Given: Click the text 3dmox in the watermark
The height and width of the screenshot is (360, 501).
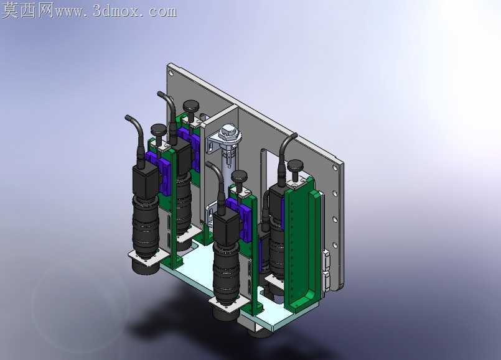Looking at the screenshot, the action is pos(116,11).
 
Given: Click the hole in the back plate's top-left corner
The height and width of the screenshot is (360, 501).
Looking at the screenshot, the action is pos(171,73).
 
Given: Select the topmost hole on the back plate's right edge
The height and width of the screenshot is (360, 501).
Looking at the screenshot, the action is pos(335,167).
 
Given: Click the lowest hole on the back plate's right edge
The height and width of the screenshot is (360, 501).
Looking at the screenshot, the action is pos(335,245).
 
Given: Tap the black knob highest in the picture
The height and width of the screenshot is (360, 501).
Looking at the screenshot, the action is pos(190,106).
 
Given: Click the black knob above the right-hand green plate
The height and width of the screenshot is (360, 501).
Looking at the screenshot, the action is pos(294,165).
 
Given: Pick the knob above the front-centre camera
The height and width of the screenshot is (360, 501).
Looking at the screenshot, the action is pos(240,176).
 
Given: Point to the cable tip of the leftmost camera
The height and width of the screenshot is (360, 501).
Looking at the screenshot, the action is pos(126,117).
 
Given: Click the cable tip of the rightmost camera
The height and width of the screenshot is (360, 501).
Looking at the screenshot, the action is pos(295,136).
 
